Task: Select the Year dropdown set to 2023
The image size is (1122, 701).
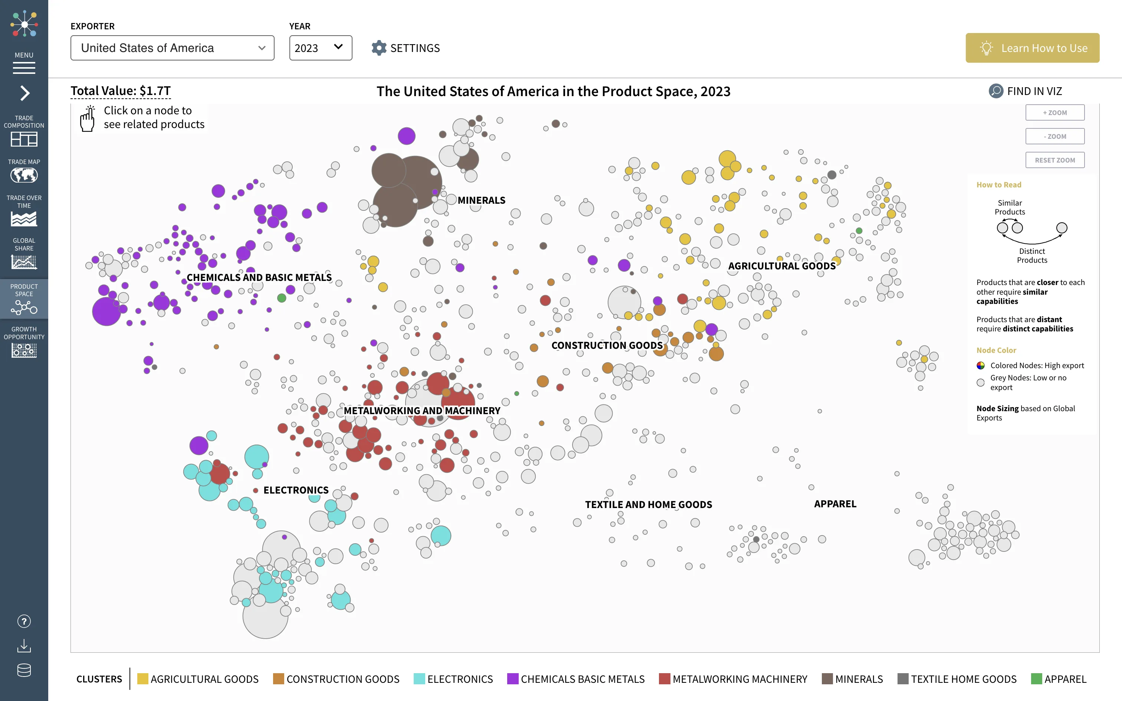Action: [x=320, y=48]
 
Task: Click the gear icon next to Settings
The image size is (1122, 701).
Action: [x=378, y=48]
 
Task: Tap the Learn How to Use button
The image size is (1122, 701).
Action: [x=1032, y=48]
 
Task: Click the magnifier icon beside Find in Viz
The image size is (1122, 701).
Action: [x=995, y=91]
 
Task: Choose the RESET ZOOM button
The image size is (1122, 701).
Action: [x=1054, y=160]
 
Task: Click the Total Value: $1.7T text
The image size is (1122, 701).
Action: [x=121, y=91]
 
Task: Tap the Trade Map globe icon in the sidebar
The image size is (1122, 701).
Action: [x=24, y=175]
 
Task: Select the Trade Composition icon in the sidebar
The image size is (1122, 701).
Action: [x=24, y=139]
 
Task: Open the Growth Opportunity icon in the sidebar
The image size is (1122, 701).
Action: [x=24, y=350]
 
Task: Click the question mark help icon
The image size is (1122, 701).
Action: [x=24, y=621]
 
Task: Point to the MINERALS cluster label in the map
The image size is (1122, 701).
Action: [x=482, y=200]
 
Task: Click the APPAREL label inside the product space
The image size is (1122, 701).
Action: [x=835, y=504]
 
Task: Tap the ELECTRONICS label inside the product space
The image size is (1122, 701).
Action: [x=296, y=490]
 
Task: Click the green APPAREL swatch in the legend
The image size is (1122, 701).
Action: [x=1036, y=679]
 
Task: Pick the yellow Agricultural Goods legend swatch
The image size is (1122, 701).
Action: [x=143, y=679]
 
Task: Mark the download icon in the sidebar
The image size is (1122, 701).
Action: [x=24, y=646]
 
